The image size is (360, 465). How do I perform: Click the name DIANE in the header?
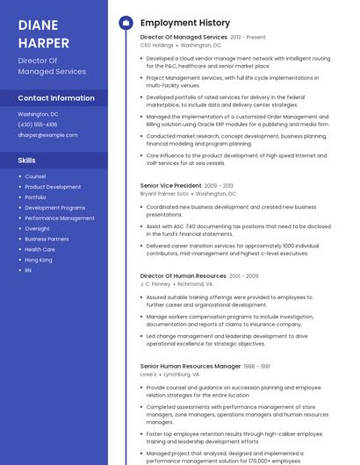pos(37,25)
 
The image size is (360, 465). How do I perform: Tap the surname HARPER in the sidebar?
pos(42,41)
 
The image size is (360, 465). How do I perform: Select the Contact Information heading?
pos(56,98)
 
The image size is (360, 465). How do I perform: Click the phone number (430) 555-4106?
pos(38,125)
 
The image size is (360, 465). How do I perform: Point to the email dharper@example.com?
pos(47,135)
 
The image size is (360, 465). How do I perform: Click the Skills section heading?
pos(27,161)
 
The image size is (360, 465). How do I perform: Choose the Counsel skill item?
pos(35,176)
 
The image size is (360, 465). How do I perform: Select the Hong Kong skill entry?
pos(39,260)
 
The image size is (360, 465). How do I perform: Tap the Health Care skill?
pos(40,249)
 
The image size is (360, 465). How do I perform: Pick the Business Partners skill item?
pos(47,239)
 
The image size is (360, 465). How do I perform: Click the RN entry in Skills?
pos(28,270)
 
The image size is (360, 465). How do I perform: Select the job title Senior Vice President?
pos(170,186)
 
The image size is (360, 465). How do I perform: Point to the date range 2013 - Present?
pos(248,38)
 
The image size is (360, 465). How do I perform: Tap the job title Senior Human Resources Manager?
pos(191,366)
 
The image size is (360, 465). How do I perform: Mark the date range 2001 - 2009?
pos(244,276)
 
